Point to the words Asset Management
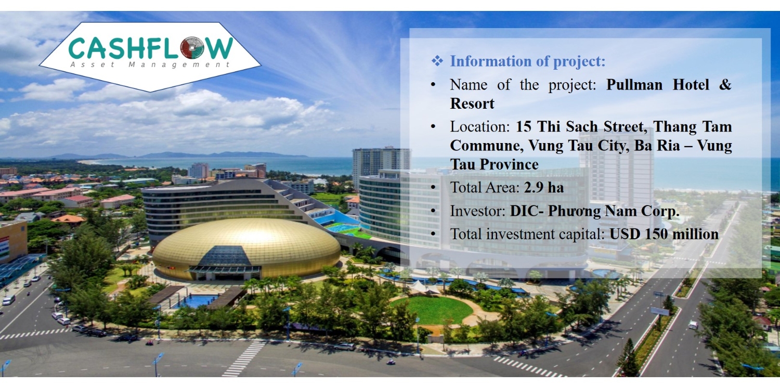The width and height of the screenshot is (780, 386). (150, 65)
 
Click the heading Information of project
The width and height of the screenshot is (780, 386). (528, 61)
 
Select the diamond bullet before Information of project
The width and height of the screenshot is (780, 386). (437, 61)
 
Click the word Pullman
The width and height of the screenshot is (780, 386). (634, 85)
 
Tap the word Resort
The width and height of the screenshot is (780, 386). (472, 104)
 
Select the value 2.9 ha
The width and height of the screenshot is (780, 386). (543, 187)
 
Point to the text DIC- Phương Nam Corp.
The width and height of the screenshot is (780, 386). (595, 211)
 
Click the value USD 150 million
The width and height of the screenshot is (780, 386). (664, 234)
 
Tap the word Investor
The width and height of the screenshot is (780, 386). (477, 211)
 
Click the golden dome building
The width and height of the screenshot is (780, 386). (246, 249)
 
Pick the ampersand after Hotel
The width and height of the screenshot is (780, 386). (725, 85)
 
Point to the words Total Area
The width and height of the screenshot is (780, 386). (484, 187)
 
